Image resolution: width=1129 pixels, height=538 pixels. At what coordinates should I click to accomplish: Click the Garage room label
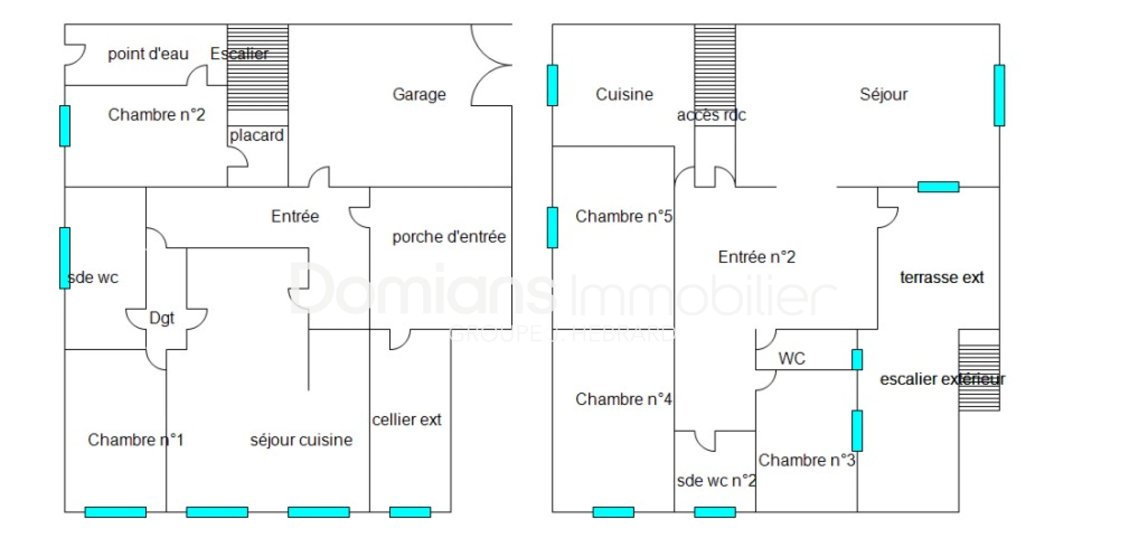click(419, 94)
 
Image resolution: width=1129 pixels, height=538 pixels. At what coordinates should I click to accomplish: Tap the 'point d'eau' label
click(148, 54)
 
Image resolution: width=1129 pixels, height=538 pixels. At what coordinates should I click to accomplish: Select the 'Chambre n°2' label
click(157, 115)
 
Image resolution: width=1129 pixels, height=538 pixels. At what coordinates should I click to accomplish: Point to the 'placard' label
click(257, 135)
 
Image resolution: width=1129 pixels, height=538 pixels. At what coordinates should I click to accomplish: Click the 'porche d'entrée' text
click(449, 237)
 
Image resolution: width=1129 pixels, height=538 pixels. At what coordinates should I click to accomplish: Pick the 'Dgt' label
click(161, 318)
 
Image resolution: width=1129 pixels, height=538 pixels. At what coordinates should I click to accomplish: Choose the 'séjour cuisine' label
click(301, 440)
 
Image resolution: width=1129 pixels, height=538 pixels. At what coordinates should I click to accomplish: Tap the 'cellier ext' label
click(407, 419)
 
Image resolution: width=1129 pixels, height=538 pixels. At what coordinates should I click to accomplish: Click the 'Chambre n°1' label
click(136, 440)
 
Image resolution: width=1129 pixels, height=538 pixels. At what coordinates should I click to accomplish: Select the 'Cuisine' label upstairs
click(624, 94)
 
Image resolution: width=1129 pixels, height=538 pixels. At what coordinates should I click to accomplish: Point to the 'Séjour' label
click(883, 94)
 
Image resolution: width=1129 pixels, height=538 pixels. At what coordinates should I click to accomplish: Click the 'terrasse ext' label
click(942, 277)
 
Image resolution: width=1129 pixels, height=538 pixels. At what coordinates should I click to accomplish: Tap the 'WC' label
click(792, 358)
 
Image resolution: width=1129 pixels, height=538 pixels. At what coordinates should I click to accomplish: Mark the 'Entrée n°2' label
click(757, 257)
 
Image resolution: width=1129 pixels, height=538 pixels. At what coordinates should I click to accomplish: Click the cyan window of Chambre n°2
click(65, 126)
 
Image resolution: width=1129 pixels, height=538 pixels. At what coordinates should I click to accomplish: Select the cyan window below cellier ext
click(410, 512)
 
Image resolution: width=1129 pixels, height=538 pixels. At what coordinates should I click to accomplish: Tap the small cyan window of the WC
click(857, 360)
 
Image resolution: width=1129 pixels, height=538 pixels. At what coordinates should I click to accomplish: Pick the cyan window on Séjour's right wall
click(999, 95)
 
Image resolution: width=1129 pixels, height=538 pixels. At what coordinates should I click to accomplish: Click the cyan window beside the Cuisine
click(552, 85)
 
